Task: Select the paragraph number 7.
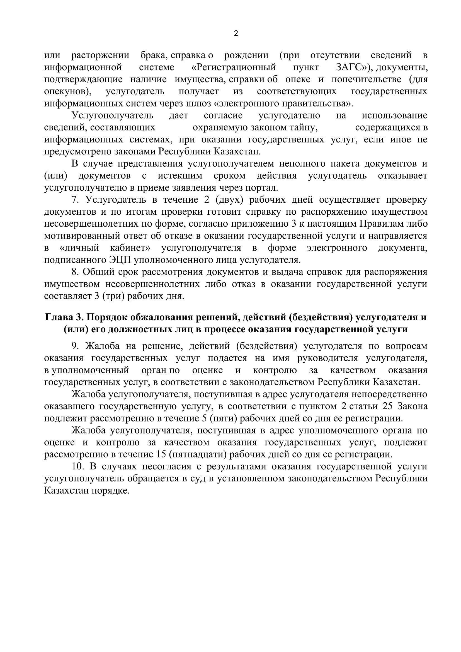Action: coord(75,200)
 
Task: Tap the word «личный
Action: coord(79,248)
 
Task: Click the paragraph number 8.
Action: coord(75,272)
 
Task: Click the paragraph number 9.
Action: coord(75,346)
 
